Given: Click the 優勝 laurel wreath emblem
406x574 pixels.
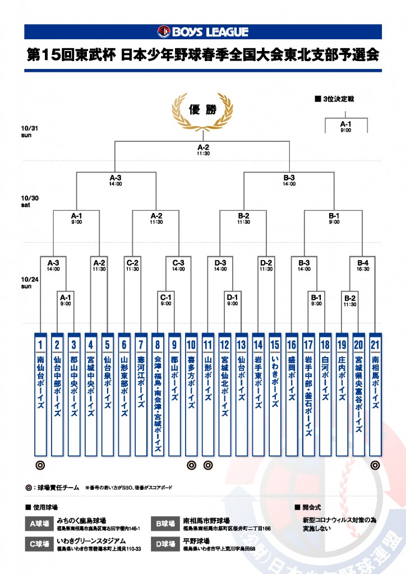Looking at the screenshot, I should pyautogui.click(x=202, y=110).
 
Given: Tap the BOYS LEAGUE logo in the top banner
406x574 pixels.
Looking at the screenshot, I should pyautogui.click(x=202, y=32).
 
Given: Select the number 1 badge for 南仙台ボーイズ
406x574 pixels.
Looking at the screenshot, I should pyautogui.click(x=40, y=344).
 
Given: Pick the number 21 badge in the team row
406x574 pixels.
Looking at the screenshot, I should pyautogui.click(x=375, y=344).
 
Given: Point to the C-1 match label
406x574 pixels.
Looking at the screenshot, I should pyautogui.click(x=166, y=298).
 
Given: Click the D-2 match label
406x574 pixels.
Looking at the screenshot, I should pyautogui.click(x=266, y=262).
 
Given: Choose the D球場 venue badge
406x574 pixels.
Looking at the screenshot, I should pyautogui.click(x=165, y=543).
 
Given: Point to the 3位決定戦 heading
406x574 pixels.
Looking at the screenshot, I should pyautogui.click(x=337, y=99).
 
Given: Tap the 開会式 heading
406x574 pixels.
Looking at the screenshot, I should pyautogui.click(x=309, y=507).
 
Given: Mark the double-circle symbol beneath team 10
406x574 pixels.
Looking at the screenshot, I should pyautogui.click(x=191, y=465).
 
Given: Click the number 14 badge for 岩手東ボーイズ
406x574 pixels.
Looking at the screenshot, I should pyautogui.click(x=258, y=344).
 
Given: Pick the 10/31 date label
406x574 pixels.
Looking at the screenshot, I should pyautogui.click(x=29, y=131).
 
